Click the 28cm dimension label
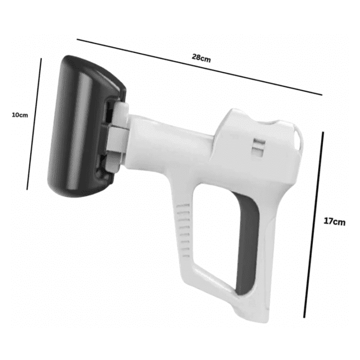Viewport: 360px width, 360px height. point(201,58)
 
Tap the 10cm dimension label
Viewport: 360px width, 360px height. point(20,115)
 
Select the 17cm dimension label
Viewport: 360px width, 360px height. point(334,222)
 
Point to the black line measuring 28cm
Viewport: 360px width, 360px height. point(200,67)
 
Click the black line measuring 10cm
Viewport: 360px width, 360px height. point(34,124)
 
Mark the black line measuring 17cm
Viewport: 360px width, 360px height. point(313,225)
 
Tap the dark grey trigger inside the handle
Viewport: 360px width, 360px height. point(247,246)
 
